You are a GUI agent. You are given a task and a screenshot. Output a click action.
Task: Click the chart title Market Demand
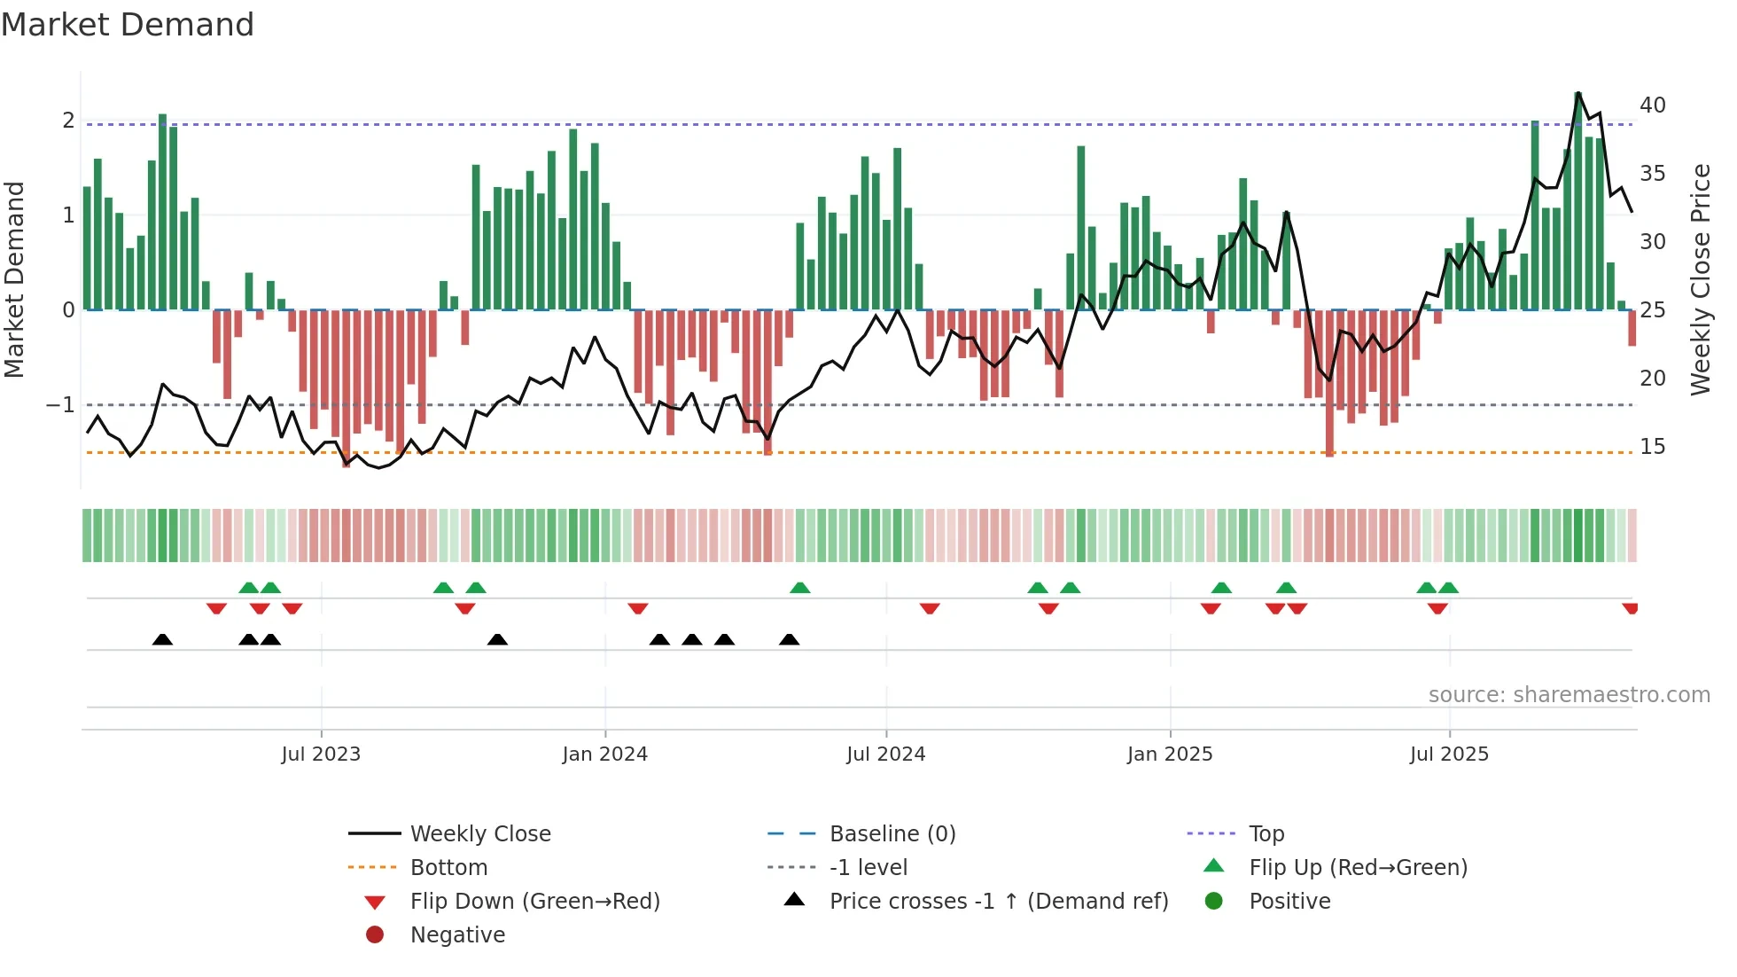point(128,25)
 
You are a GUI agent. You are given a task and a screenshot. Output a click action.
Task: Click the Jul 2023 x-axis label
point(321,754)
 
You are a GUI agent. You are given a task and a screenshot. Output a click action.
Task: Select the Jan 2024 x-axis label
point(604,754)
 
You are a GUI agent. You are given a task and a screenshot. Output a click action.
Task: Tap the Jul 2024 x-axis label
point(885,754)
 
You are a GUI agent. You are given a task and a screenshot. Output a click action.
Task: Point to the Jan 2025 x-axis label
point(1170,754)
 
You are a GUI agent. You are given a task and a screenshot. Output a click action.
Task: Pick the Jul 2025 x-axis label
point(1449,754)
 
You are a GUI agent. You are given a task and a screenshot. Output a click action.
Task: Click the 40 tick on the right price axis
point(1652,106)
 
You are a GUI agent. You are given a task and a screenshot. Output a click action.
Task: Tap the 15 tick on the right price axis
point(1652,447)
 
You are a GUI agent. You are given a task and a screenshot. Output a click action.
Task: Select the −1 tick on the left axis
point(61,405)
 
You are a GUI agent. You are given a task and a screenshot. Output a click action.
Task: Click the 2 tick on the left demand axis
point(68,121)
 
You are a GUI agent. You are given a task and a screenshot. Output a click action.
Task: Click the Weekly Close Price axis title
point(1700,279)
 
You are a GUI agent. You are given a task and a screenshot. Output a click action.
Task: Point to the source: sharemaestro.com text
point(1569,695)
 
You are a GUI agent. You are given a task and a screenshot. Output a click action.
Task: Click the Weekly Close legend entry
point(479,834)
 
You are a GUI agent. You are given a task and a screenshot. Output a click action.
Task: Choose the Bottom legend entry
point(448,868)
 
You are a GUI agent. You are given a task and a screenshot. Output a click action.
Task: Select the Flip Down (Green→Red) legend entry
point(534,902)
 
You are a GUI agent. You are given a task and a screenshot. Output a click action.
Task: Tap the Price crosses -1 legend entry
point(999,902)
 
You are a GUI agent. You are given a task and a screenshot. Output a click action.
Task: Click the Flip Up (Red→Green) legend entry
point(1358,868)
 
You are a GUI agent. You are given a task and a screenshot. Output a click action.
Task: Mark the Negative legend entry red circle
point(375,935)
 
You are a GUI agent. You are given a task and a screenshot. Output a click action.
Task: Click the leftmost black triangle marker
point(162,640)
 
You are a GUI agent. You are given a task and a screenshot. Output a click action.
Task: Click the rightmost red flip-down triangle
point(1630,608)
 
